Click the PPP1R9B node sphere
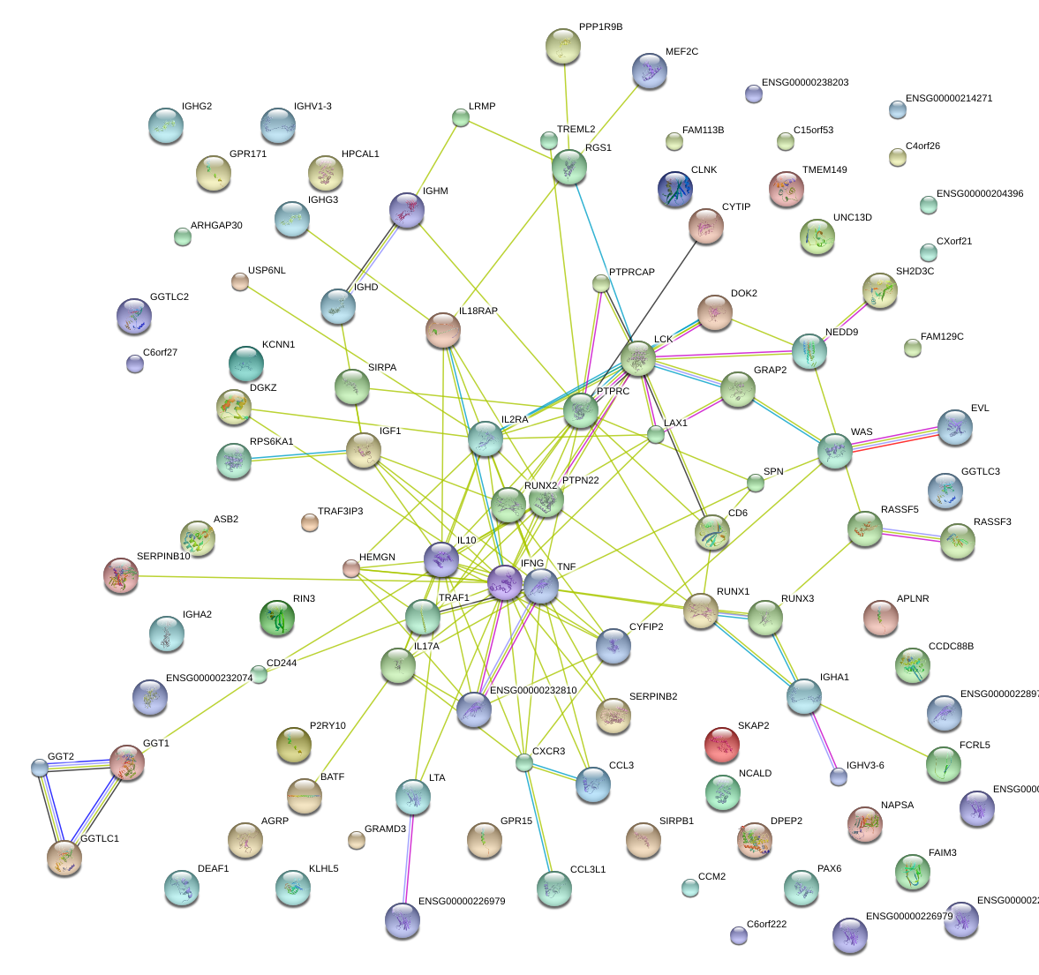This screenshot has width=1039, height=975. coord(562,46)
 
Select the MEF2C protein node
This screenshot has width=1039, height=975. coord(650,71)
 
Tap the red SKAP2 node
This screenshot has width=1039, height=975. coord(722,745)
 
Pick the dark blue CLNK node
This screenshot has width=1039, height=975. coord(675,189)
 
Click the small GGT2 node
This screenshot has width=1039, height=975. coord(40,767)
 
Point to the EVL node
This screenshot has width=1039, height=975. coord(954,427)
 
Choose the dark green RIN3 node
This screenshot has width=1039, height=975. coord(278,617)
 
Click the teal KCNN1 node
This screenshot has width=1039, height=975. coord(246,363)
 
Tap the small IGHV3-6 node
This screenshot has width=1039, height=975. coord(839,776)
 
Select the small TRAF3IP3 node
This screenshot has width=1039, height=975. coord(310,522)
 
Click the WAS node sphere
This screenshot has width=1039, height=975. coord(834,451)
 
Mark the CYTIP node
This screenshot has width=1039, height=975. coord(705,226)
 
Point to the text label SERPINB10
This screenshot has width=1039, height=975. coord(163,557)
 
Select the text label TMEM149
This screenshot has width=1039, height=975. coord(824,169)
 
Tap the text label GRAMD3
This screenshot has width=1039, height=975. coord(385,829)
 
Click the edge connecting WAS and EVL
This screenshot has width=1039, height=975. coord(894,439)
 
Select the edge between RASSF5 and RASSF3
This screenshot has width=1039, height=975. coord(910,535)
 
